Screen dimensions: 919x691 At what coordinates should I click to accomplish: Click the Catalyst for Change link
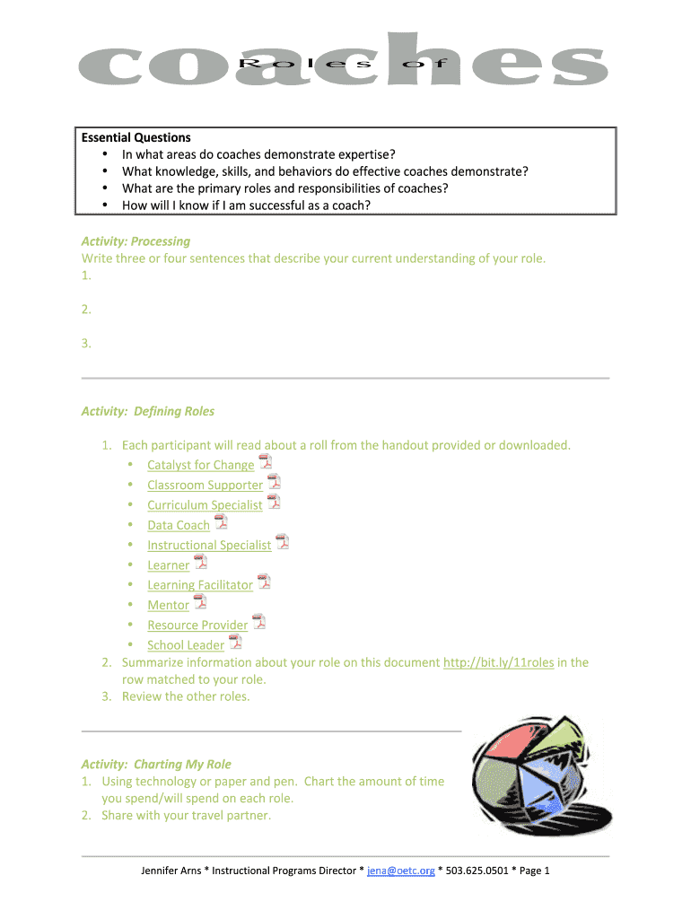click(200, 465)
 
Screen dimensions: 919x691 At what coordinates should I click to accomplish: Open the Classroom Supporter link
click(205, 486)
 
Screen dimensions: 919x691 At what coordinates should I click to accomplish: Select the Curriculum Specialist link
click(205, 505)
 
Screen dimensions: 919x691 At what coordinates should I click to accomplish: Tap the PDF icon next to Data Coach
click(221, 523)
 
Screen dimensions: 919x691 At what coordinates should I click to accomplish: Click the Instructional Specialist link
click(209, 546)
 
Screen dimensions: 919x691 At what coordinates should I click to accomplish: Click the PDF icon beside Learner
click(200, 563)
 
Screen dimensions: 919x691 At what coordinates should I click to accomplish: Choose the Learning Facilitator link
click(200, 585)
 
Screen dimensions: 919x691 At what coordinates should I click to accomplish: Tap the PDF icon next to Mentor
click(200, 602)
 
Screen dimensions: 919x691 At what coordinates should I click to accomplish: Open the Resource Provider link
click(197, 626)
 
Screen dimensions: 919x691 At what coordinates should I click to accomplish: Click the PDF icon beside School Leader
click(235, 642)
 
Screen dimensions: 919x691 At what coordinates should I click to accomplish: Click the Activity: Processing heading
click(136, 241)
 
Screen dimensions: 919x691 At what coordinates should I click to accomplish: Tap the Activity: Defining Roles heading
click(148, 412)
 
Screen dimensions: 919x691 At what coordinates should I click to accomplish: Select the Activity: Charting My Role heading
click(156, 765)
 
